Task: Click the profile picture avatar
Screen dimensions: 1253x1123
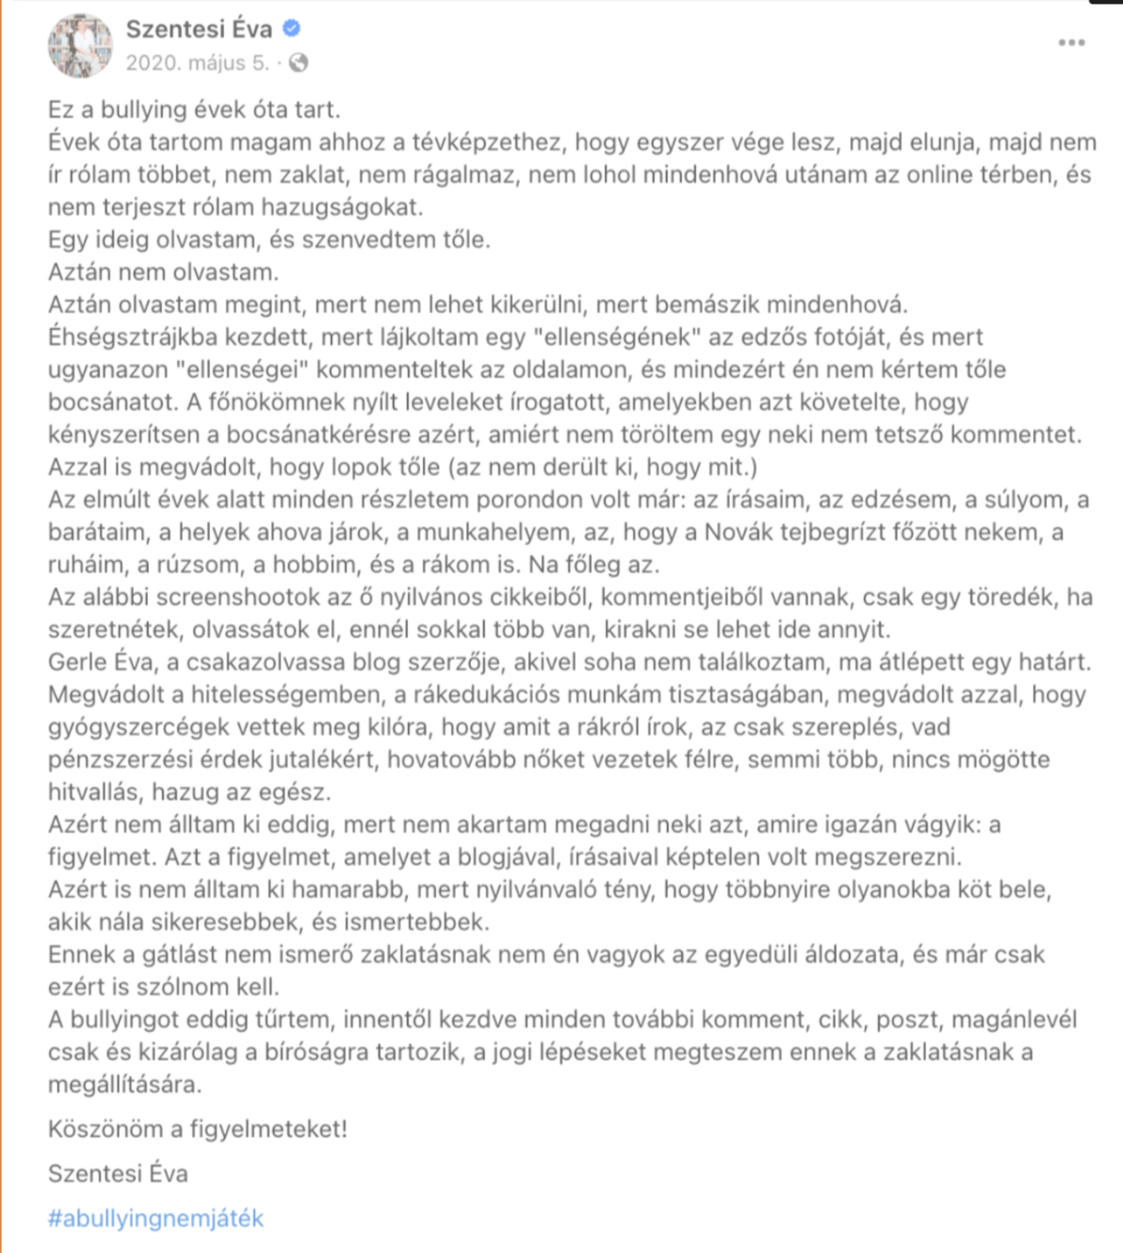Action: coord(80,45)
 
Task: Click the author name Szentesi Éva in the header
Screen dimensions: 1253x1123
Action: coord(199,29)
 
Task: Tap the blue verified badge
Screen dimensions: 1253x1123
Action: coord(292,29)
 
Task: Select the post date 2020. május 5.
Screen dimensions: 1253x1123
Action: coord(197,63)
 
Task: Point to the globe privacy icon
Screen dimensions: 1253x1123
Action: coord(299,63)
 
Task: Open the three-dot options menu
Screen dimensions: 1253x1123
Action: coord(1071,42)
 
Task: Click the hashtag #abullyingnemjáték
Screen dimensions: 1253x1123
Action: coord(155,1218)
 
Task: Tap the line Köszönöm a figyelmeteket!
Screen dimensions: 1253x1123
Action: coord(198,1129)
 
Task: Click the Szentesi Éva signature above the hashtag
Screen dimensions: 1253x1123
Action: coord(118,1173)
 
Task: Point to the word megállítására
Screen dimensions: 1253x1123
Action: coord(125,1084)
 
